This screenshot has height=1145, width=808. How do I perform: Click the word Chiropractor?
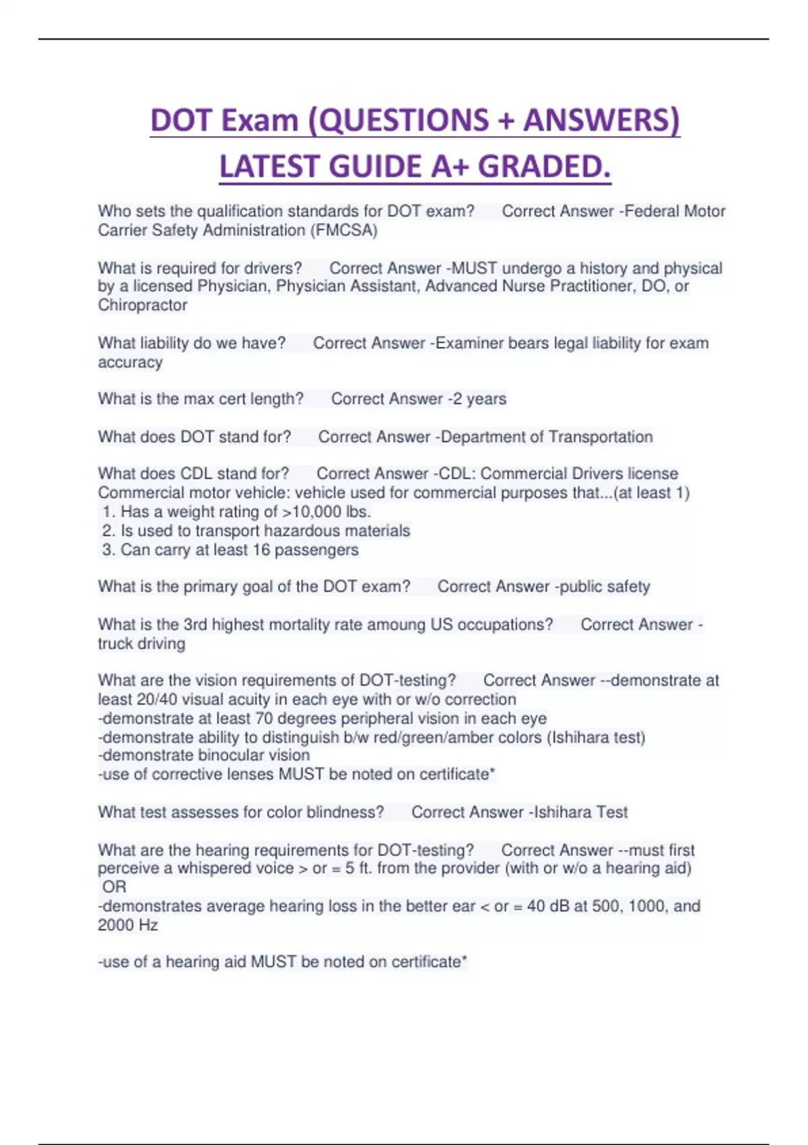[x=143, y=305]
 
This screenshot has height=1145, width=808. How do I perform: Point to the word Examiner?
[x=469, y=343]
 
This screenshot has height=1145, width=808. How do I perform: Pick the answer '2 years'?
[x=479, y=399]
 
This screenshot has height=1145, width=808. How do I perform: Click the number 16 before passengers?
[x=261, y=550]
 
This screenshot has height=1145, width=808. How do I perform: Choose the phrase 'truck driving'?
[x=141, y=643]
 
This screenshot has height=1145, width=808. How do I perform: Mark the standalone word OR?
[x=114, y=887]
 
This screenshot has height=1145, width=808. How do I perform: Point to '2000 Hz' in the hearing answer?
[x=128, y=925]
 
